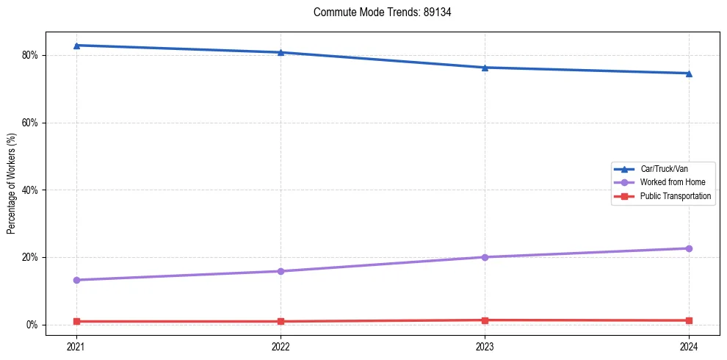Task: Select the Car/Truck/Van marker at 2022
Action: pyautogui.click(x=281, y=52)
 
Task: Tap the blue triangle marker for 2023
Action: pyautogui.click(x=485, y=68)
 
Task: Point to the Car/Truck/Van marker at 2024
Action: pyautogui.click(x=689, y=73)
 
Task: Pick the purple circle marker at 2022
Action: pyautogui.click(x=281, y=271)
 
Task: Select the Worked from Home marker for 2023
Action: pyautogui.click(x=485, y=257)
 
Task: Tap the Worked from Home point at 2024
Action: pyautogui.click(x=689, y=248)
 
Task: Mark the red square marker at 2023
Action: pyautogui.click(x=485, y=320)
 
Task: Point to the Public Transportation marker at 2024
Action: pyautogui.click(x=689, y=320)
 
